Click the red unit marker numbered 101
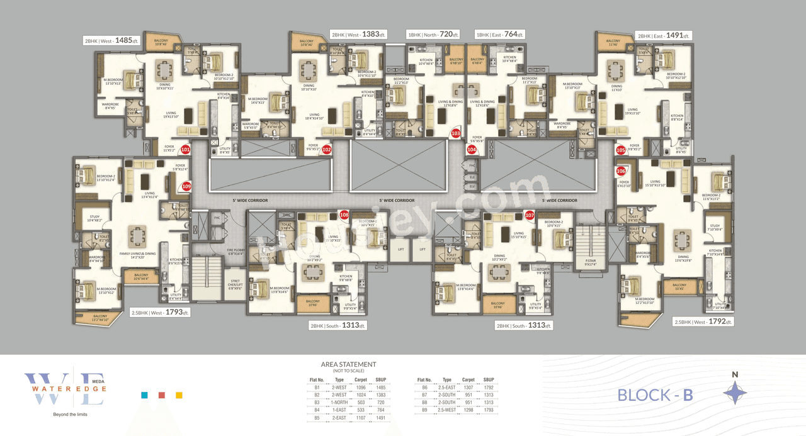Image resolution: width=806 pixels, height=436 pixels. (185, 150)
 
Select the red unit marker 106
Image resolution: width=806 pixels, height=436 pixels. (621, 171)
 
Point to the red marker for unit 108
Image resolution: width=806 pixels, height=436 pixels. (344, 215)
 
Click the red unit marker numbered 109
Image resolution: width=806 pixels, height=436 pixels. (186, 186)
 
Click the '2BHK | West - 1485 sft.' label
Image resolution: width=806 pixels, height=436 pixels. (111, 40)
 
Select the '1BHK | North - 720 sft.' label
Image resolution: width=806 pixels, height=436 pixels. (434, 35)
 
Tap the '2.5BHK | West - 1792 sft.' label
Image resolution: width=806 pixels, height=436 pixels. (703, 321)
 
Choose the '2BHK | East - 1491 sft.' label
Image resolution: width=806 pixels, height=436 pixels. (663, 36)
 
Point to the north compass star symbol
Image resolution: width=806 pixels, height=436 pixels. (734, 394)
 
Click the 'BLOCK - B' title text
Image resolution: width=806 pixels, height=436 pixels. (655, 395)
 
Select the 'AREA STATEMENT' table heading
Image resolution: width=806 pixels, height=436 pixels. (348, 364)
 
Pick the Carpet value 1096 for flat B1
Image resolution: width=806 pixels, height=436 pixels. (361, 388)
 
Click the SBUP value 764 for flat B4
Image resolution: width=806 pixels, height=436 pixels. (380, 410)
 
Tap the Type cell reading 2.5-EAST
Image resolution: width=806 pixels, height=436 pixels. (447, 388)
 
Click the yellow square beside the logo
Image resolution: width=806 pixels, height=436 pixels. (179, 396)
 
